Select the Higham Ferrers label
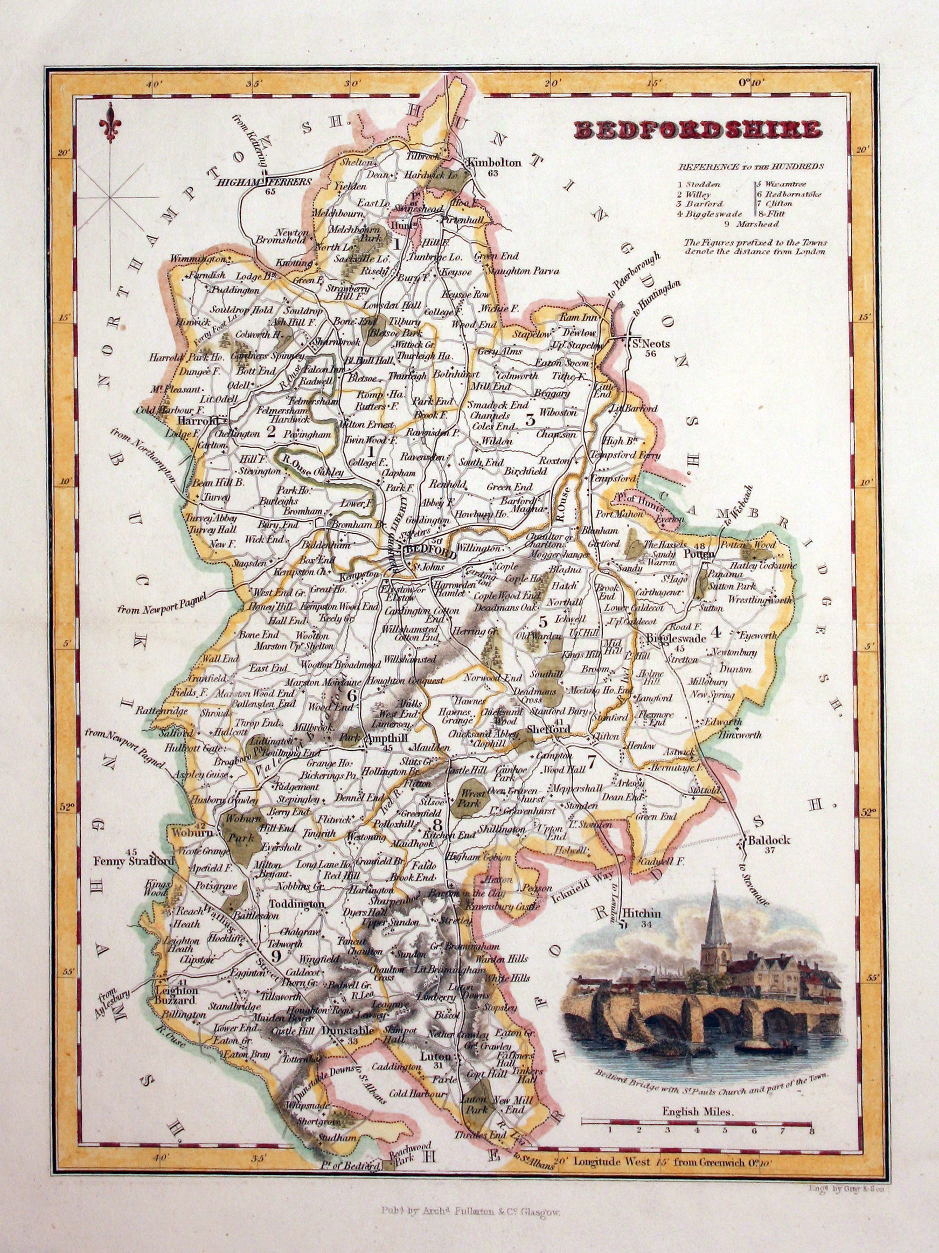click(x=265, y=182)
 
